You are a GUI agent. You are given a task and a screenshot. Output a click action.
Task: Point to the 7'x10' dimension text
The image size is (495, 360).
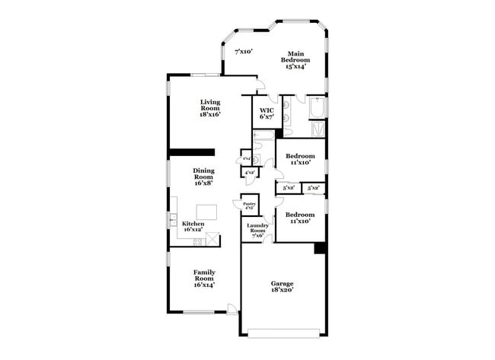point(243,52)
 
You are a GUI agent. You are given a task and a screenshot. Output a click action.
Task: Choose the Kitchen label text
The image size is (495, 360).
point(193,223)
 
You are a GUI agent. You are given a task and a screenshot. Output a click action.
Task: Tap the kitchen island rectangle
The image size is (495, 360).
point(207,211)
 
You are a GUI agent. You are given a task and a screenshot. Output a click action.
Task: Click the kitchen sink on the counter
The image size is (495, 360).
point(173,221)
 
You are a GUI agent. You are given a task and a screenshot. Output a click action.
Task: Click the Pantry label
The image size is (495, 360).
point(249,204)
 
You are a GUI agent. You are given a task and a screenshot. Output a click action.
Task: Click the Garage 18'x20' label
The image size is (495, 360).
point(283,286)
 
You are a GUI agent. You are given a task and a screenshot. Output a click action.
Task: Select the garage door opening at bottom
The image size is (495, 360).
point(284,333)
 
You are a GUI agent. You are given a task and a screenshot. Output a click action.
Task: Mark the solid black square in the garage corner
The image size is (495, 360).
point(320,248)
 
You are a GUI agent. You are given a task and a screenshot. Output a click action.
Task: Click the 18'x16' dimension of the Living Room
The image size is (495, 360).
point(210,114)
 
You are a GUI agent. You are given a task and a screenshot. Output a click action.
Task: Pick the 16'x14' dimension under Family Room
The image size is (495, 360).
point(203,285)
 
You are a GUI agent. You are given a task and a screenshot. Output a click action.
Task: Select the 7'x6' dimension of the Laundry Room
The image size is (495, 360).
point(257,235)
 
